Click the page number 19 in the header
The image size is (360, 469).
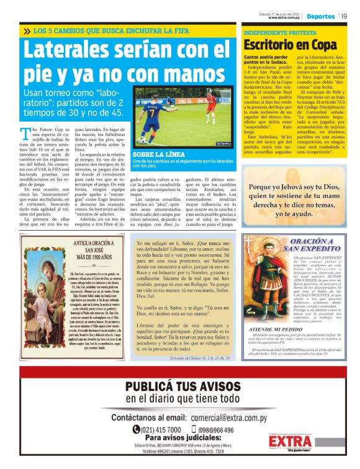coord(343,16)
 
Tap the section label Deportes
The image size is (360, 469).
coord(320,16)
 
